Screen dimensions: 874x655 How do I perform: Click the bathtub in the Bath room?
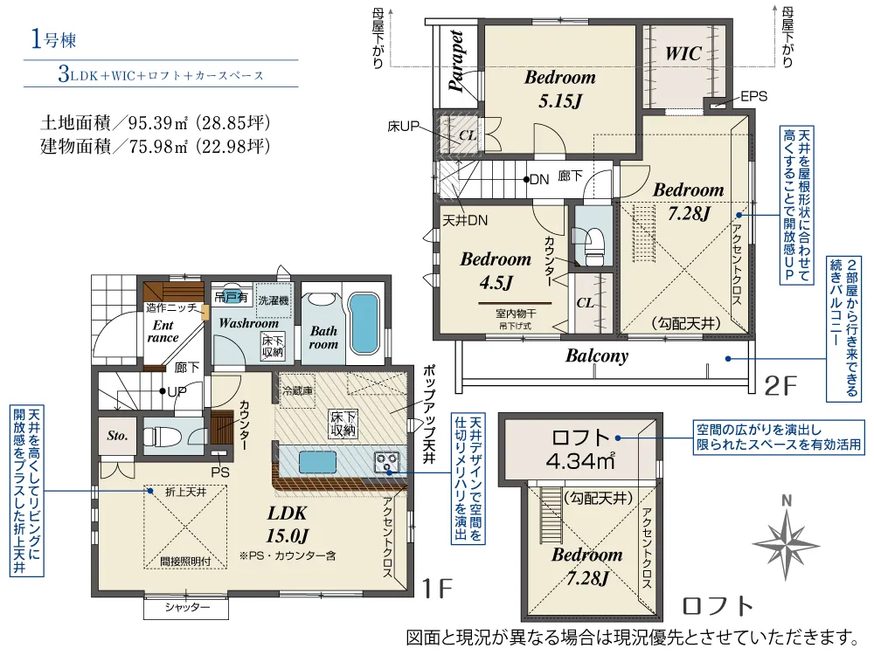pyautogui.click(x=365, y=323)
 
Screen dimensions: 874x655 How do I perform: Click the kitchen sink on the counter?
pyautogui.click(x=318, y=462)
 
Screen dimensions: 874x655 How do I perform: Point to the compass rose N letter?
pyautogui.click(x=787, y=500)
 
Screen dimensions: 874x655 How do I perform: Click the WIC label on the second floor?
pyautogui.click(x=683, y=53)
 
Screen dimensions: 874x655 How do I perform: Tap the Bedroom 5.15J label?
pyautogui.click(x=559, y=89)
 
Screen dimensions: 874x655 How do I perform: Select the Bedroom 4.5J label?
pyautogui.click(x=496, y=271)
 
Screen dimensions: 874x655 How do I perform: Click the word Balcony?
pyautogui.click(x=597, y=355)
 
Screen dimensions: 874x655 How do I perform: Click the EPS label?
pyautogui.click(x=753, y=96)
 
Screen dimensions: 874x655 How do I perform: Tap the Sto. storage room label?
pyautogui.click(x=117, y=436)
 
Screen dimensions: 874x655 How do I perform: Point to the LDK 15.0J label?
pyautogui.click(x=287, y=524)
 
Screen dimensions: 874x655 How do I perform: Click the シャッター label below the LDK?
pyautogui.click(x=187, y=607)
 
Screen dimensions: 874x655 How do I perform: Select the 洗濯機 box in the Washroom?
pyautogui.click(x=274, y=300)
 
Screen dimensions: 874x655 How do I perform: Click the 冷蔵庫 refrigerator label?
pyautogui.click(x=297, y=390)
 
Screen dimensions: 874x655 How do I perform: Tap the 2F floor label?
pyautogui.click(x=780, y=385)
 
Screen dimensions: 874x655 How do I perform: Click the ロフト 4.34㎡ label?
pyautogui.click(x=580, y=449)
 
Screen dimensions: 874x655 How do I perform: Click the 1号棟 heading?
pyautogui.click(x=53, y=39)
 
